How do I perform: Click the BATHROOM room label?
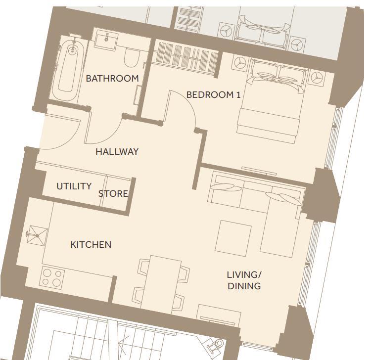pyautogui.click(x=112, y=79)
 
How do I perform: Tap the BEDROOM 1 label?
pyautogui.click(x=213, y=95)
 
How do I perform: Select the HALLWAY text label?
pyautogui.click(x=117, y=152)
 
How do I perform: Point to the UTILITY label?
pyautogui.click(x=74, y=186)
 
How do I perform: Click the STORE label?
pyautogui.click(x=113, y=194)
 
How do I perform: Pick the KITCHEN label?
pyautogui.click(x=91, y=245)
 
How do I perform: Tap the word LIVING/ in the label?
pyautogui.click(x=244, y=275)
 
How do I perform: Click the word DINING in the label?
pyautogui.click(x=244, y=286)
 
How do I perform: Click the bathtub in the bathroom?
pyautogui.click(x=67, y=70)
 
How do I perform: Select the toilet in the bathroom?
pyautogui.click(x=131, y=58)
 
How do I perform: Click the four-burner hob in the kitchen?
pyautogui.click(x=52, y=277)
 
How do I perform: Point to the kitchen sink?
pyautogui.click(x=37, y=235)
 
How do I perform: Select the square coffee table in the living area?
pyautogui.click(x=233, y=238)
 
